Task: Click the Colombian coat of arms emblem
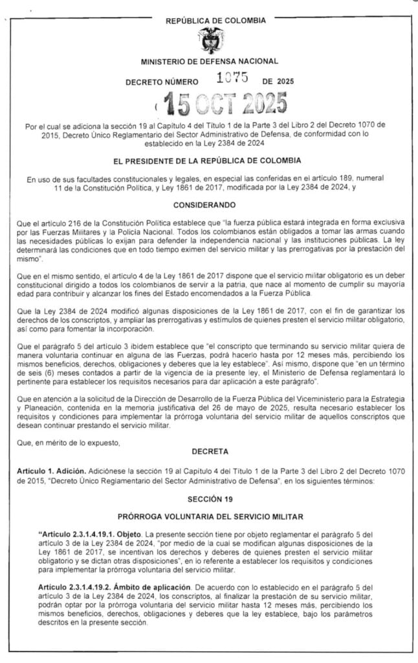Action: click(209, 40)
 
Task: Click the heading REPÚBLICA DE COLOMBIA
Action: click(215, 21)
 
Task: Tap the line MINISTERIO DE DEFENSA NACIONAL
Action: click(209, 62)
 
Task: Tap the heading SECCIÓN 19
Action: click(209, 499)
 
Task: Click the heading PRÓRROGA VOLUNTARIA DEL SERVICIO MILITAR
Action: click(209, 517)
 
